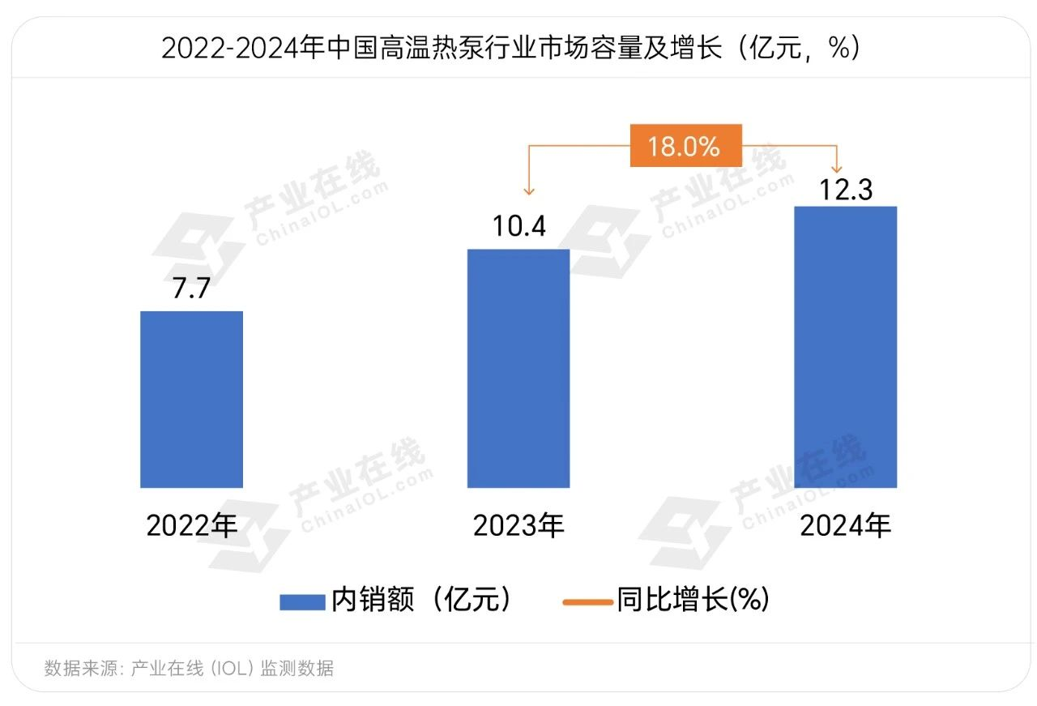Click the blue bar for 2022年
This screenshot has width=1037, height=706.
tap(191, 399)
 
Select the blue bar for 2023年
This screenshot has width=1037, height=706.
tap(518, 368)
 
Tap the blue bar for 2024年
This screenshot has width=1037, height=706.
tap(845, 347)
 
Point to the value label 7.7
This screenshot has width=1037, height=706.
tap(192, 289)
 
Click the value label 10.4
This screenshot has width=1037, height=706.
tap(519, 226)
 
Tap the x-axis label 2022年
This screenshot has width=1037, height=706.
tap(192, 526)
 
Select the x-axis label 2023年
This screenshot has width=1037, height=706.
tap(518, 526)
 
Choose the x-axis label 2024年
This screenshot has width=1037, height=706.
tap(845, 526)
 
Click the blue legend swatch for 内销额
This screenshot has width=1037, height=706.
tap(302, 601)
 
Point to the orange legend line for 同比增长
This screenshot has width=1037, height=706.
tap(587, 601)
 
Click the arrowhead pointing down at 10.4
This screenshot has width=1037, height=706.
tap(529, 191)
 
